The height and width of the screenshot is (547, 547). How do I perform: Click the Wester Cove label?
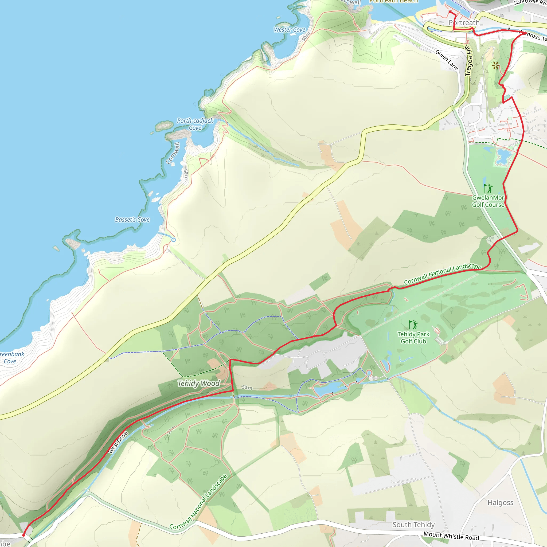tap(289, 29)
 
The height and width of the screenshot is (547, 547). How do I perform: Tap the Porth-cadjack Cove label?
tap(195, 124)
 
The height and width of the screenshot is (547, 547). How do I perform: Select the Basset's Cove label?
tap(132, 220)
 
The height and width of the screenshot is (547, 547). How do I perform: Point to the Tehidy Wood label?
tap(198, 383)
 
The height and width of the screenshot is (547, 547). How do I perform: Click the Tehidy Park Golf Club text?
tap(413, 338)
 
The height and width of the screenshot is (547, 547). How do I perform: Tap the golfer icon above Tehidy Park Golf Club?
tap(413, 325)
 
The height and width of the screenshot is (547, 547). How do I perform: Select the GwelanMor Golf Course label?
tap(488, 201)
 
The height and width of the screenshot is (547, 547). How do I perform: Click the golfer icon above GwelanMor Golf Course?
tap(488, 188)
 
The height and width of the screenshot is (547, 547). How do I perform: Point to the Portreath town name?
tap(464, 23)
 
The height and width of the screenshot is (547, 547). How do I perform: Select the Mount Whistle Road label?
tap(451, 536)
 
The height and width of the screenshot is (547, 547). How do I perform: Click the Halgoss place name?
tap(500, 503)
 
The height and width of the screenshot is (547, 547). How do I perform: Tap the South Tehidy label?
tap(413, 525)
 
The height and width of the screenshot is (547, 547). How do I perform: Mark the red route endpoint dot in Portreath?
tap(450, 12)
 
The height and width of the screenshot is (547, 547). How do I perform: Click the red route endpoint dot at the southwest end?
tap(24, 535)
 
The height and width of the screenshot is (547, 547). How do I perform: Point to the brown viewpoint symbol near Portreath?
tap(495, 66)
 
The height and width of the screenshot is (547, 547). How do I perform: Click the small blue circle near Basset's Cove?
tap(174, 240)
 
